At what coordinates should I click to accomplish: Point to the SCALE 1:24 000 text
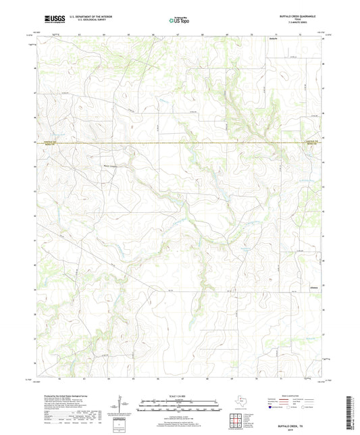click(x=180, y=394)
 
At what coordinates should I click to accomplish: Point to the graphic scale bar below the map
click(x=180, y=405)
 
